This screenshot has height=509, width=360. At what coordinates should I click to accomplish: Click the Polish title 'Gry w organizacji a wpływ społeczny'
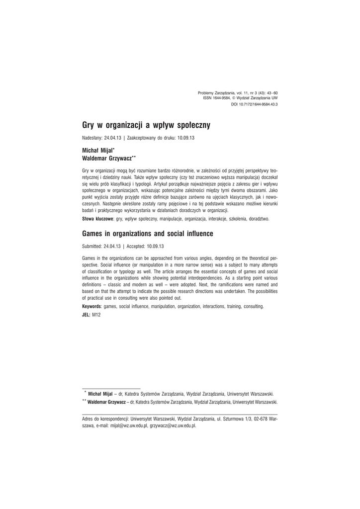point(146,125)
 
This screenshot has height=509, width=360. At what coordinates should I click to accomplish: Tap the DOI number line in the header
point(254,105)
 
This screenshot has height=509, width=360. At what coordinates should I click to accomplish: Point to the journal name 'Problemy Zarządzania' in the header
point(216,93)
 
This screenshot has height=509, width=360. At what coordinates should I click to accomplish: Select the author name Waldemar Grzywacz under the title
point(106,157)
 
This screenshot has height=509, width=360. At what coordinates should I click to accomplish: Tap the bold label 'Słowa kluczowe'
point(97,219)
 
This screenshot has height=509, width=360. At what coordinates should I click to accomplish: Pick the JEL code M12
point(96,315)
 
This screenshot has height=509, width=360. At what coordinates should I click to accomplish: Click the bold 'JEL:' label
point(86,315)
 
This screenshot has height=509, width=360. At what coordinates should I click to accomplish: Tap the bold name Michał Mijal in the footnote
point(99,394)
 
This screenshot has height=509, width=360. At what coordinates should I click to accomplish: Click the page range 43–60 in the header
point(272,93)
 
